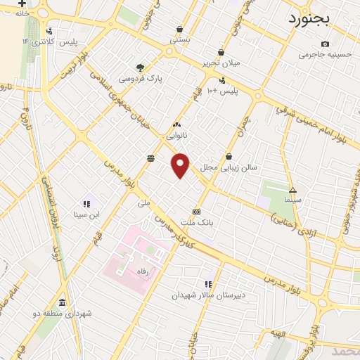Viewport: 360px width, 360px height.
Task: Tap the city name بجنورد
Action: [x=312, y=18]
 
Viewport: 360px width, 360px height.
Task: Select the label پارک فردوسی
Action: [x=140, y=79]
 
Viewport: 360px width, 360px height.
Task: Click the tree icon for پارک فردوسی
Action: [x=141, y=67]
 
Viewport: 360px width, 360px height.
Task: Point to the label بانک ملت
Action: [x=196, y=223]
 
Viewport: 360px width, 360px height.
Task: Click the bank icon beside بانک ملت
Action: [x=196, y=212]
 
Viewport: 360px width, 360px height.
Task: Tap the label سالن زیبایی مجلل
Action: [x=229, y=168]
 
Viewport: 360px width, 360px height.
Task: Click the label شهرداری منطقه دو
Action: [x=60, y=314]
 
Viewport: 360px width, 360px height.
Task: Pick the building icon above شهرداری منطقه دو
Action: [x=61, y=303]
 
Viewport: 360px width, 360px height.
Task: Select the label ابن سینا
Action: [x=86, y=214]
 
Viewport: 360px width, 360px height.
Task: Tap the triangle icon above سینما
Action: [x=292, y=190]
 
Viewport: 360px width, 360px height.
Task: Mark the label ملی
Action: [x=144, y=202]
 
